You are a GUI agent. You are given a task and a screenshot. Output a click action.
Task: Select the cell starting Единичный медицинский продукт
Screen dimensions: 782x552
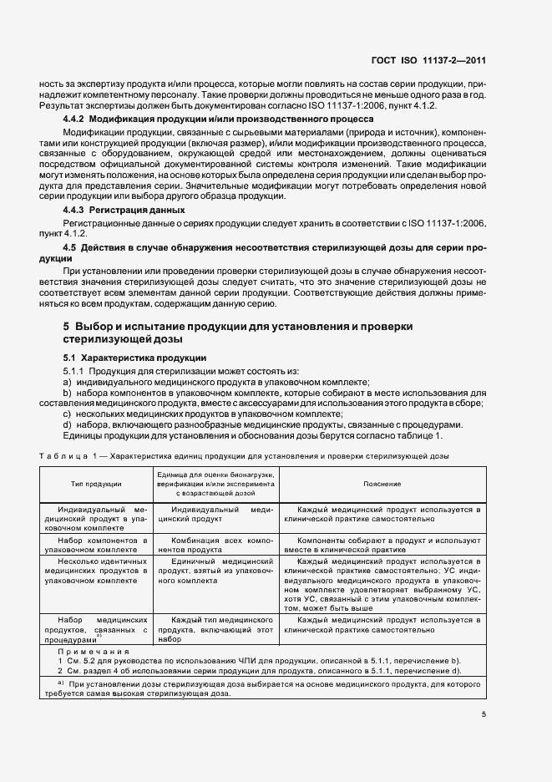click(x=215, y=572)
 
